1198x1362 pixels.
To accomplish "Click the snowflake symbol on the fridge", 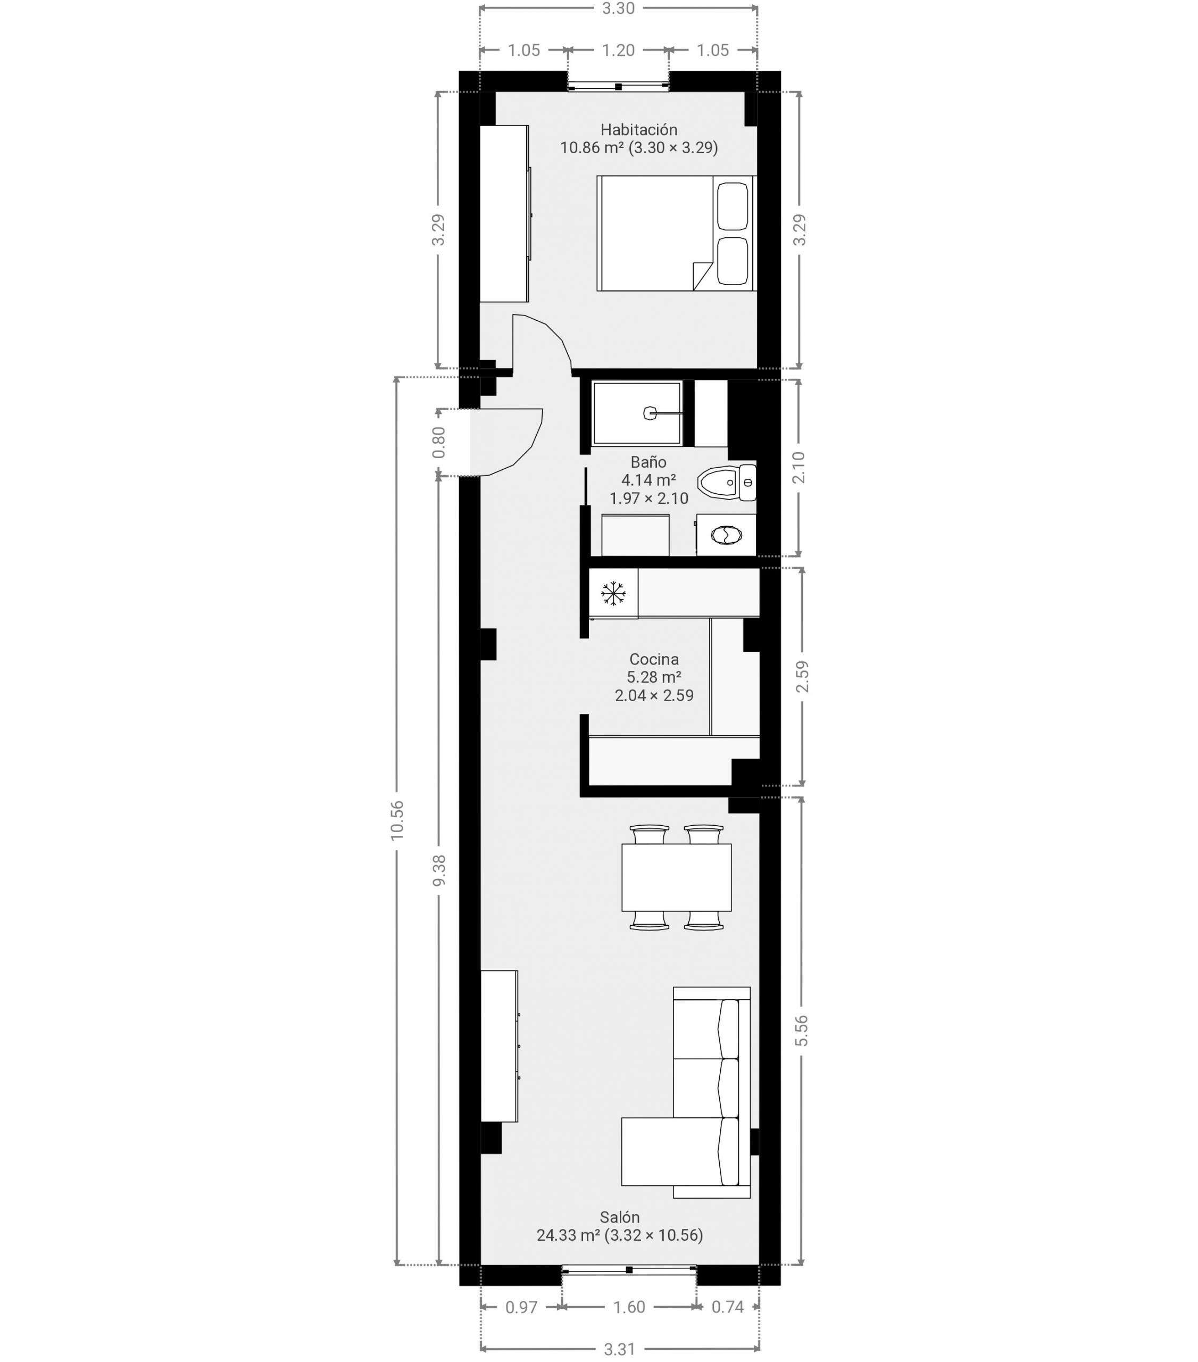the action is pos(613,593).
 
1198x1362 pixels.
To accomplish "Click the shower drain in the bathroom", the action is pos(650,413).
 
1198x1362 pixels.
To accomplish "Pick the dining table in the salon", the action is pos(676,877).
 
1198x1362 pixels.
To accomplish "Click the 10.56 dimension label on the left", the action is pos(397,820).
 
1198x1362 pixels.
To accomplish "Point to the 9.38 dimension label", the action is pos(439,870).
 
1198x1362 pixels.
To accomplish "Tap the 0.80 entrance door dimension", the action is pos(438,443).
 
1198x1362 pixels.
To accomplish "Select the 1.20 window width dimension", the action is pos(618,50).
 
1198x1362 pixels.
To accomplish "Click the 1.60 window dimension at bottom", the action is pos(629,1307).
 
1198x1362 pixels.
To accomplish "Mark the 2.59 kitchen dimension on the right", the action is pos(802,676).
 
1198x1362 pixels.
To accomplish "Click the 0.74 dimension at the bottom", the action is pos(728,1307).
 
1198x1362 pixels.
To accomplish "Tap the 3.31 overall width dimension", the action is pos(619,1349).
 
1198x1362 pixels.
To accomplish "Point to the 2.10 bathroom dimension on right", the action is pos(800,467).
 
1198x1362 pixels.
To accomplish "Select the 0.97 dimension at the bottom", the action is pos(521,1307).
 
